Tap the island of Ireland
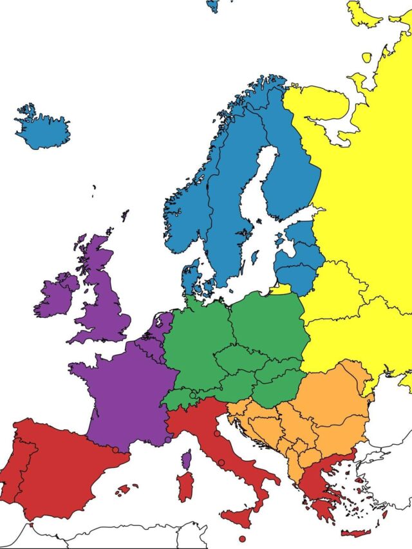(57, 295)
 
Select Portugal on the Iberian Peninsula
(14, 463)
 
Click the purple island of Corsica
(186, 460)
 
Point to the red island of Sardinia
(185, 486)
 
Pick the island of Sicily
(244, 516)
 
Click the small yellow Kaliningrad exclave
(281, 290)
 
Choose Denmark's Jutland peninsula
(191, 277)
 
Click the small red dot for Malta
(242, 539)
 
